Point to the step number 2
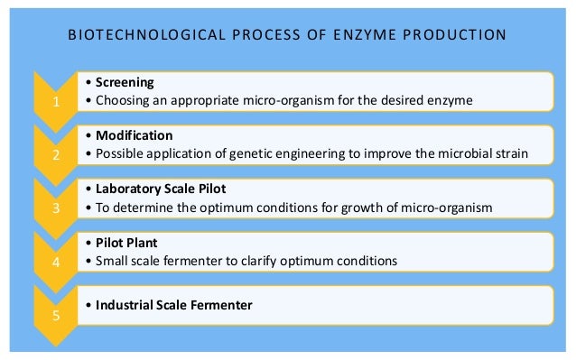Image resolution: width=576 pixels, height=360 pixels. pos(56,155)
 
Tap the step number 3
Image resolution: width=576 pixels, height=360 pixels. pos(56,208)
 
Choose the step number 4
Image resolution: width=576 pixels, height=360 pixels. pos(56,263)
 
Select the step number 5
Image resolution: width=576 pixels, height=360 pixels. pos(56,316)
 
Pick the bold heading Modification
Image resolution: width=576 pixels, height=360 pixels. pos(127,135)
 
